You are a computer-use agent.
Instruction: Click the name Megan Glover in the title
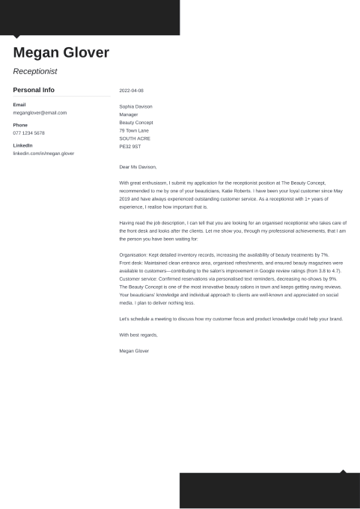[61, 52]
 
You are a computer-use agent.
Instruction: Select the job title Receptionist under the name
[35, 72]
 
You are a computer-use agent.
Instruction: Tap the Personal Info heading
[34, 90]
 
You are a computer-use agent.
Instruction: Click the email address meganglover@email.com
[40, 112]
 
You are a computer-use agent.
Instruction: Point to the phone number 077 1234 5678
[28, 132]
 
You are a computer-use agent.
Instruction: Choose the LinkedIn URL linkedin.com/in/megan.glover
[43, 153]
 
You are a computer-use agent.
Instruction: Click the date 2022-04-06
[131, 91]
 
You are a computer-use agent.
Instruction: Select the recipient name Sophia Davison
[135, 106]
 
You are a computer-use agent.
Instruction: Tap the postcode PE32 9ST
[129, 146]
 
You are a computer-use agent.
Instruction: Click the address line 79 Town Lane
[134, 130]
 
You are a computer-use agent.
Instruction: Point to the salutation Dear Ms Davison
[138, 167]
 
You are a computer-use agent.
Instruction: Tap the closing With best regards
[138, 335]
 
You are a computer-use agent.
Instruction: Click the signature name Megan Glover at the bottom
[134, 350]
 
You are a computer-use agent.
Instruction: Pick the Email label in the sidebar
[19, 104]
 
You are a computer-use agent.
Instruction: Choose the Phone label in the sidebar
[20, 125]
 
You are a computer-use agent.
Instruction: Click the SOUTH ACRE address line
[135, 138]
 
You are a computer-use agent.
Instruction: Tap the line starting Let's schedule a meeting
[231, 319]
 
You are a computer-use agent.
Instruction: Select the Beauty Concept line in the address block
[136, 122]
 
